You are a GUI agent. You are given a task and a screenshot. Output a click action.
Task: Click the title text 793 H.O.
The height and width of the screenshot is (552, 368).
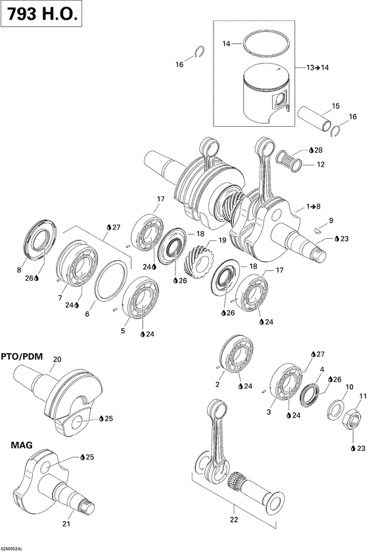42,15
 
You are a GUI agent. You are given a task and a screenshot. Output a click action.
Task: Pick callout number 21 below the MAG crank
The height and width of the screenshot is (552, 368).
66,523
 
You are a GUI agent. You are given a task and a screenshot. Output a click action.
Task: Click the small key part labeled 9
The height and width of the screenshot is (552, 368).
317,230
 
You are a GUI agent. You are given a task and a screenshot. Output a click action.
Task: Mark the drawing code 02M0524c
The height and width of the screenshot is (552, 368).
12,545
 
